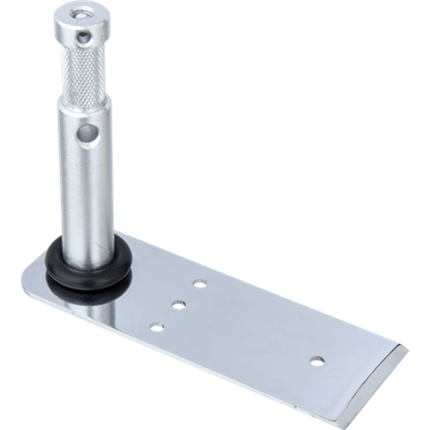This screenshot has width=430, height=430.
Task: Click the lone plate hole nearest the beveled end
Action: [x=318, y=357]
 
